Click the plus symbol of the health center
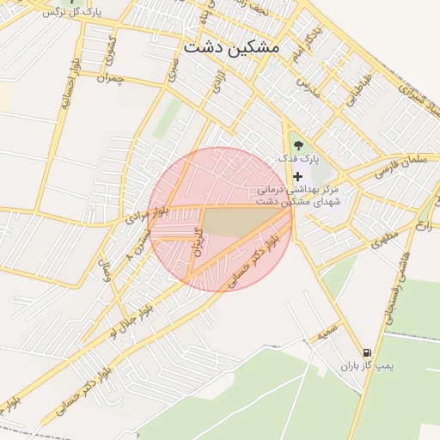pos(297,176)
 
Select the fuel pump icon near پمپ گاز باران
pos(368,352)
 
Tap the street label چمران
pos(112,78)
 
